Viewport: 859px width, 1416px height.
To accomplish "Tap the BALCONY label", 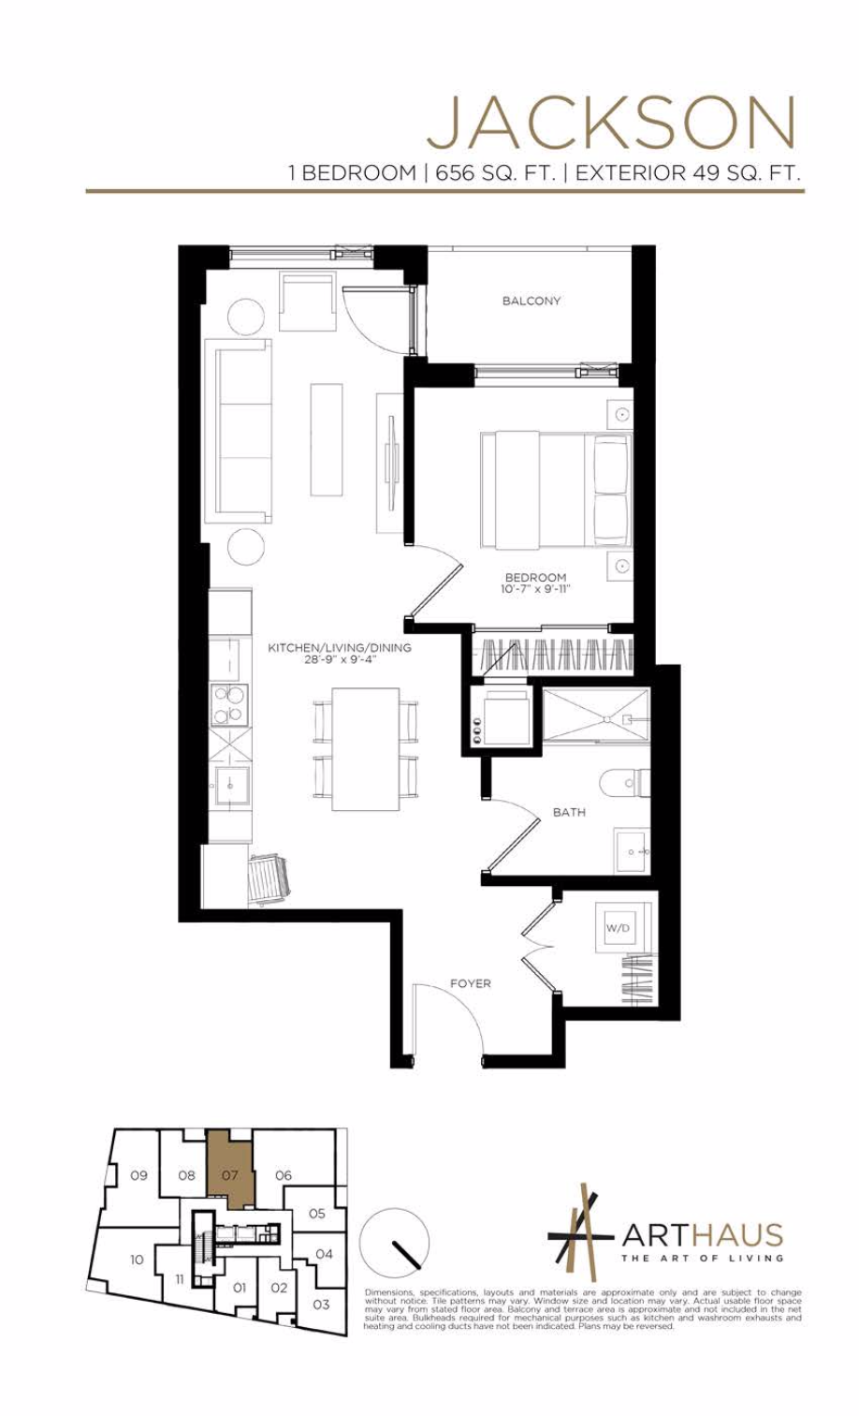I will [531, 301].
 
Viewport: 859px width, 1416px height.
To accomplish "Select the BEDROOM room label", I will [535, 577].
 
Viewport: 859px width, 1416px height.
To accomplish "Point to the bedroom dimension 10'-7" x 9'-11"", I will [535, 590].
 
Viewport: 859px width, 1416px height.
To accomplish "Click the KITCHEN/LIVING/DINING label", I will [339, 647].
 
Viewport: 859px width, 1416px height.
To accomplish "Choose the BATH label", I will [569, 812].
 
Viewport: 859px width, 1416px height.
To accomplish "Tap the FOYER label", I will [470, 983].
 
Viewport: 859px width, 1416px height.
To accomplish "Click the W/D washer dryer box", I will [618, 929].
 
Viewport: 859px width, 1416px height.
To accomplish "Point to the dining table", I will [366, 749].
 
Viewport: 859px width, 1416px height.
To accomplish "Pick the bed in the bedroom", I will [556, 490].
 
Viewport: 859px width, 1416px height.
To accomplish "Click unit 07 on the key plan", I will [230, 1173].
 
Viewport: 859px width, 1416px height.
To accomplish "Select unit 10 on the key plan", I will [137, 1260].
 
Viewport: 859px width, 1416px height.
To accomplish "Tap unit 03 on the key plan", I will [321, 1304].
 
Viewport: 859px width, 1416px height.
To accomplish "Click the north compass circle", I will [394, 1242].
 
